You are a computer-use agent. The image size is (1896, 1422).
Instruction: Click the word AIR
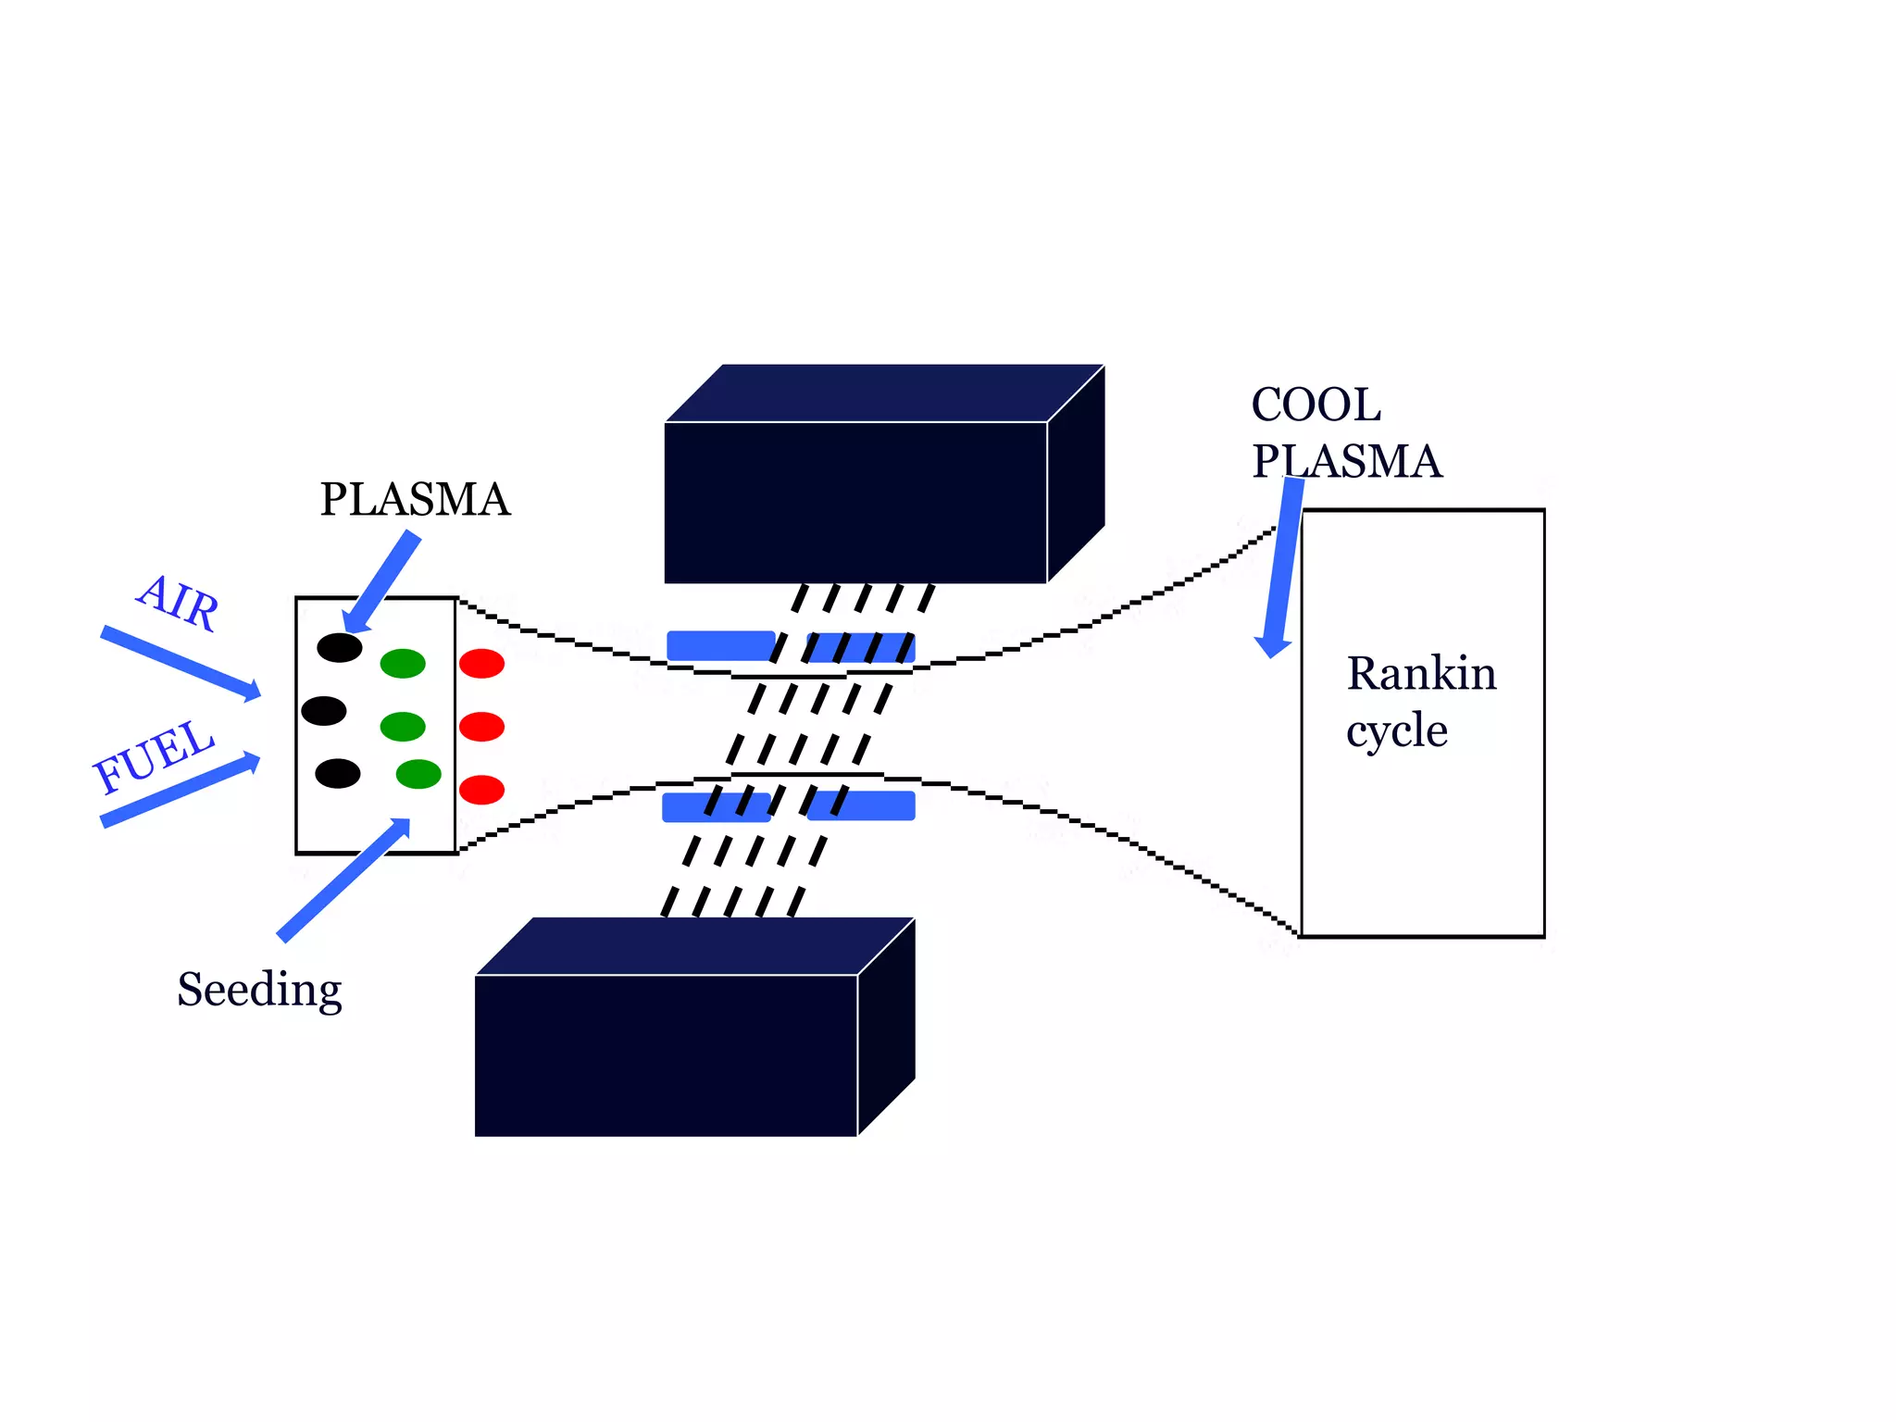(179, 603)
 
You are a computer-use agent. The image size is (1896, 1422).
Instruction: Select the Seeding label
(259, 991)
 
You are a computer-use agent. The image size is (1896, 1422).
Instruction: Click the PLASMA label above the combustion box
(415, 500)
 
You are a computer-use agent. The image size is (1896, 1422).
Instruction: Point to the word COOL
(1316, 405)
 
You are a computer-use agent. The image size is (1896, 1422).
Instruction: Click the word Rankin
(1421, 673)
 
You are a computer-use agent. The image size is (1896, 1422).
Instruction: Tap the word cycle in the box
(1396, 731)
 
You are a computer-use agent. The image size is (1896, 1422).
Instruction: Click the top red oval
(481, 663)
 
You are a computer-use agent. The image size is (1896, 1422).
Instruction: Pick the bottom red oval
(481, 790)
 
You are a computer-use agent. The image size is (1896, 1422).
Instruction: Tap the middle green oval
(403, 727)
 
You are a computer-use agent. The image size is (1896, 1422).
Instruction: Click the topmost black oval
(340, 647)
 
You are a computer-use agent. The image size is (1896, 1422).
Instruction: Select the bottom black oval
(338, 773)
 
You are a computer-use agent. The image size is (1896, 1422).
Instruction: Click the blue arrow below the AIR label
(181, 662)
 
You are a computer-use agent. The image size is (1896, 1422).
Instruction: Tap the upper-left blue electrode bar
(720, 645)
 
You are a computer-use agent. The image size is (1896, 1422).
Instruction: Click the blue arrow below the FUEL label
(181, 790)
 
